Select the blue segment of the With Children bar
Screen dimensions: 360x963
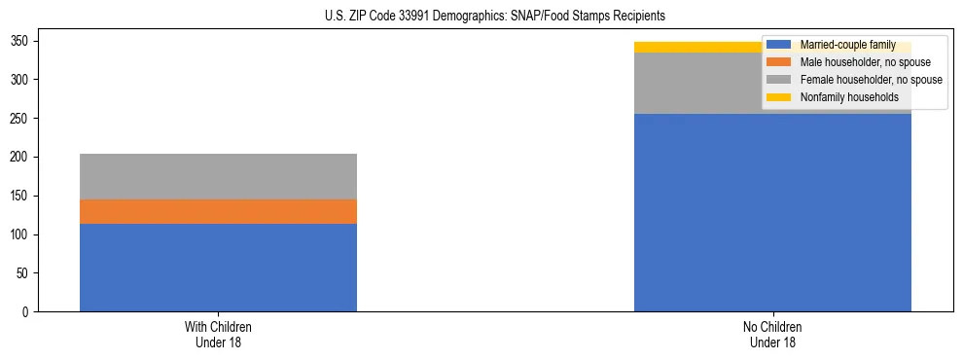[218, 268]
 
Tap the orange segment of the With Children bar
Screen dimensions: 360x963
[218, 211]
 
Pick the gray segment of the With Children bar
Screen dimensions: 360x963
[218, 176]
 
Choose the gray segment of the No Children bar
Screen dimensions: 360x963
[700, 83]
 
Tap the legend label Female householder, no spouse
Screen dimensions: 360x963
[871, 80]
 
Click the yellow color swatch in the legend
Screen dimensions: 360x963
[779, 97]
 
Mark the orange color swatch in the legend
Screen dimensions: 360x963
[779, 62]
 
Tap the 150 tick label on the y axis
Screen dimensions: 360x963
[22, 196]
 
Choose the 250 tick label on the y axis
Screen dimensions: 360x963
[22, 119]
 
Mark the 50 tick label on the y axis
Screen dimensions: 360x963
[25, 273]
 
